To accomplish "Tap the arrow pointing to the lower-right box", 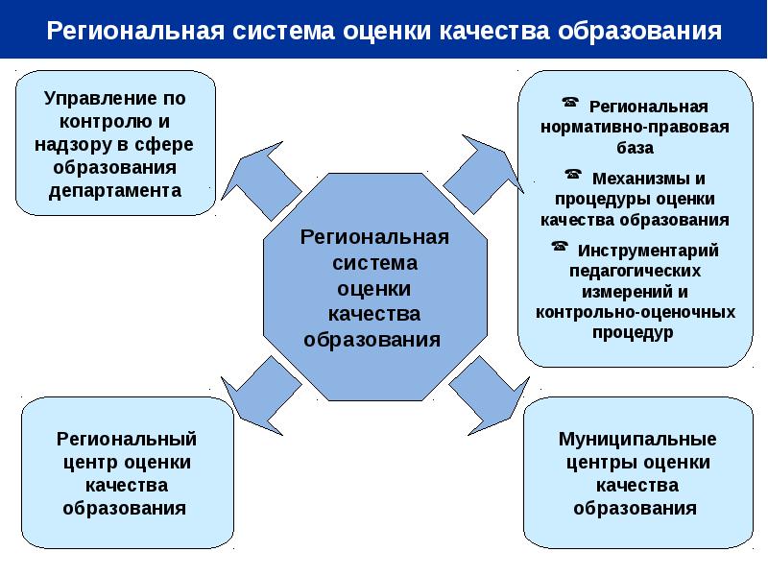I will coord(484,388).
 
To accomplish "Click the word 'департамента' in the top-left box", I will coord(115,189).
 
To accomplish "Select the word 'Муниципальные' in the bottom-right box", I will coord(637,440).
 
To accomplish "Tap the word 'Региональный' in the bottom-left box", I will coord(127,440).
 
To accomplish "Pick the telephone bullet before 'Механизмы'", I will coord(573,175).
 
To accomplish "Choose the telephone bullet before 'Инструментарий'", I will coord(559,247).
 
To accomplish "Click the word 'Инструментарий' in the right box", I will coord(648,250).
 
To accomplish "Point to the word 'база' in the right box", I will coord(635,148).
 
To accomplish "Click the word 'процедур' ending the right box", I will coord(635,332).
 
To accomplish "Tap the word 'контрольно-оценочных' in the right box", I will coord(636,311).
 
